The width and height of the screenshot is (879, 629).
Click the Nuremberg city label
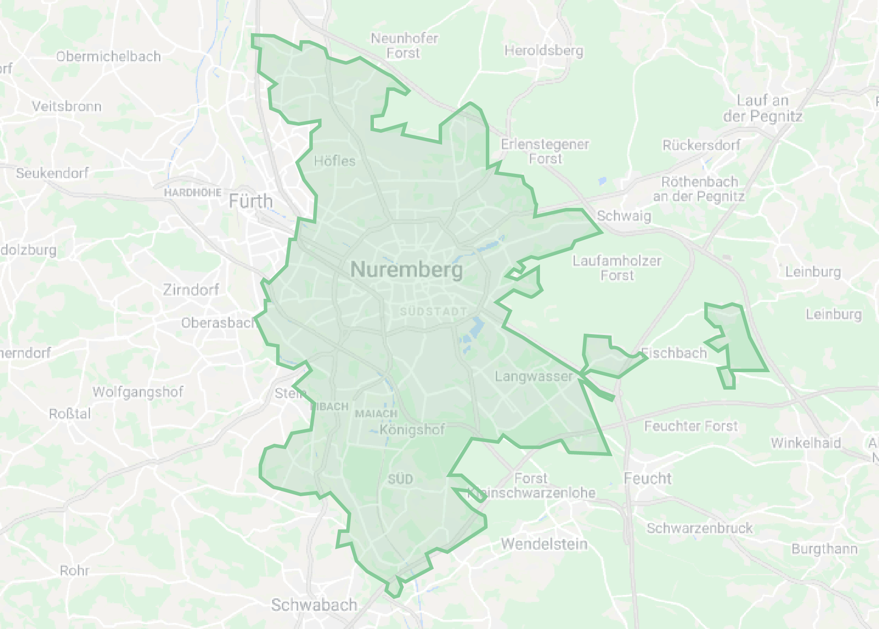pyautogui.click(x=406, y=270)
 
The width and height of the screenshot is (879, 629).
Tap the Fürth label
pyautogui.click(x=251, y=201)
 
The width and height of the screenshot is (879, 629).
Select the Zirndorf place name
pyautogui.click(x=191, y=289)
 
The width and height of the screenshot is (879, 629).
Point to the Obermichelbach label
pyautogui.click(x=108, y=56)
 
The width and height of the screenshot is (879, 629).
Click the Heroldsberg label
pyautogui.click(x=543, y=51)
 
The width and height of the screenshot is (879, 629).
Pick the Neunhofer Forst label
pyautogui.click(x=404, y=45)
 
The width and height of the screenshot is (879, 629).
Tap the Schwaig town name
pyautogui.click(x=624, y=216)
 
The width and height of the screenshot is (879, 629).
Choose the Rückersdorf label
pyautogui.click(x=701, y=145)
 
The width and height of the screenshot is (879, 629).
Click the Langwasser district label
pyautogui.click(x=533, y=376)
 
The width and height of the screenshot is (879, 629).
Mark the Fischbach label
pyautogui.click(x=674, y=353)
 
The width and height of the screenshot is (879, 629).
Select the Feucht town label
pyautogui.click(x=647, y=478)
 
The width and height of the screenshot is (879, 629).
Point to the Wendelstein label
pyautogui.click(x=544, y=544)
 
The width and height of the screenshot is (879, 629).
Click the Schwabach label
pyautogui.click(x=314, y=605)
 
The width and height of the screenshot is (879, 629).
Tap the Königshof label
pyautogui.click(x=412, y=430)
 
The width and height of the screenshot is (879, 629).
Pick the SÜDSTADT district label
pyautogui.click(x=433, y=311)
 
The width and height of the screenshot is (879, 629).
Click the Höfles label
pyautogui.click(x=335, y=161)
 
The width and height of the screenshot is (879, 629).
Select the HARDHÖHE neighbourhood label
pyautogui.click(x=193, y=192)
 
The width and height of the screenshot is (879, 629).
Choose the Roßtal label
pyautogui.click(x=70, y=414)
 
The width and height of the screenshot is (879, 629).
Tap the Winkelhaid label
pyautogui.click(x=806, y=443)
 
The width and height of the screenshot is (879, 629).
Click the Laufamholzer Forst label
pyautogui.click(x=617, y=268)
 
